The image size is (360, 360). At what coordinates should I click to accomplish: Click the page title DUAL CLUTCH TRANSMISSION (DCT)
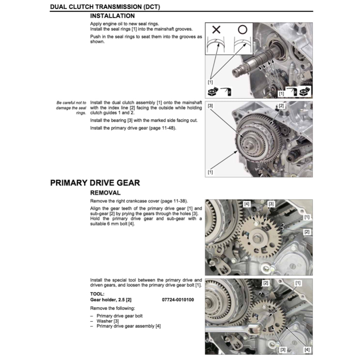pos(107,7)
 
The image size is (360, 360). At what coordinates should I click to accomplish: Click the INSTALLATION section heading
pos(112,16)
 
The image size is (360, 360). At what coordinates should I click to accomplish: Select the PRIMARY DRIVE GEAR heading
pos(95,183)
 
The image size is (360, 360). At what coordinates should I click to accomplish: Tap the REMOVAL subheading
pos(105,193)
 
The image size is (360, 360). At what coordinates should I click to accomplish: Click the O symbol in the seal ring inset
pos(242,30)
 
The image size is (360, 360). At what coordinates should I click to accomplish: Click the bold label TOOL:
pos(97,294)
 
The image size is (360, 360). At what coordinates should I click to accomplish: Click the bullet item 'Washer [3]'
pos(108,321)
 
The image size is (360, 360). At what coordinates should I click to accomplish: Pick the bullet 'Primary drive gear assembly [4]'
pos(129,326)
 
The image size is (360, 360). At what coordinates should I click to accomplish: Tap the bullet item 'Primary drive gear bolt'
pos(120,316)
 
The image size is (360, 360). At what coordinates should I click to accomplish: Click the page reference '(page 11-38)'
pos(174,201)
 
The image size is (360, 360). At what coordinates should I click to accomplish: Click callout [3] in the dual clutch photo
pos(210,105)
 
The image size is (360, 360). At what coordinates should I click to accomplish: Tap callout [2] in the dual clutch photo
pos(281,105)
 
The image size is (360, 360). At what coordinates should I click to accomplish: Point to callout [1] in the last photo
pos(298,283)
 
